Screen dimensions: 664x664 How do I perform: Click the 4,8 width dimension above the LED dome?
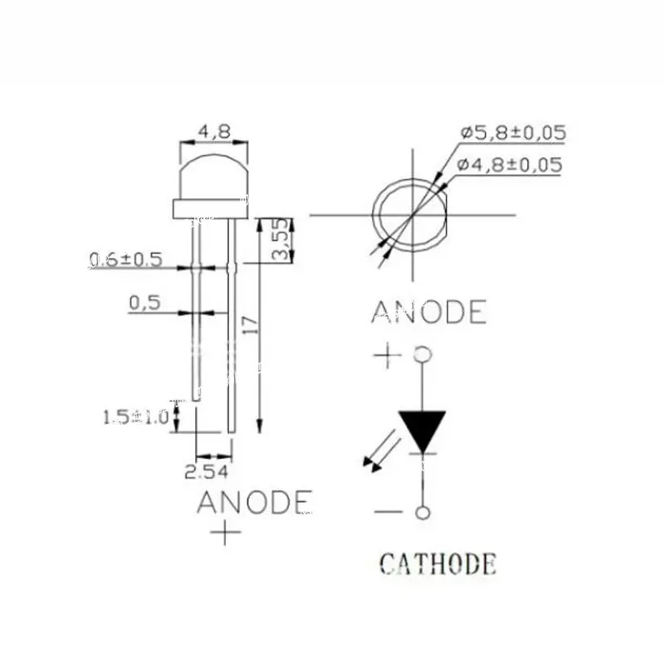pos(215,132)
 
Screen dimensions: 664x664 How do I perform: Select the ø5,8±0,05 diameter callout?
pos(513,133)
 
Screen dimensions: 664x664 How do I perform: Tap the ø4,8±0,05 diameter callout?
pos(510,164)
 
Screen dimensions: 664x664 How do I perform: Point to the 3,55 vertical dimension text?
pos(281,239)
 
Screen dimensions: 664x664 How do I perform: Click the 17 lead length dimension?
pos(251,325)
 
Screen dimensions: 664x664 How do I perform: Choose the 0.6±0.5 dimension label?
pos(126,260)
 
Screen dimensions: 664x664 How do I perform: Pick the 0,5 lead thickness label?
pos(144,303)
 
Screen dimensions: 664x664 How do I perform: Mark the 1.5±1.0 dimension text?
pos(135,417)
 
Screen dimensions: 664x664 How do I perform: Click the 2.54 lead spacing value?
pos(206,471)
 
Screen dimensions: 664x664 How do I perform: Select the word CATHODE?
pos(438,564)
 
